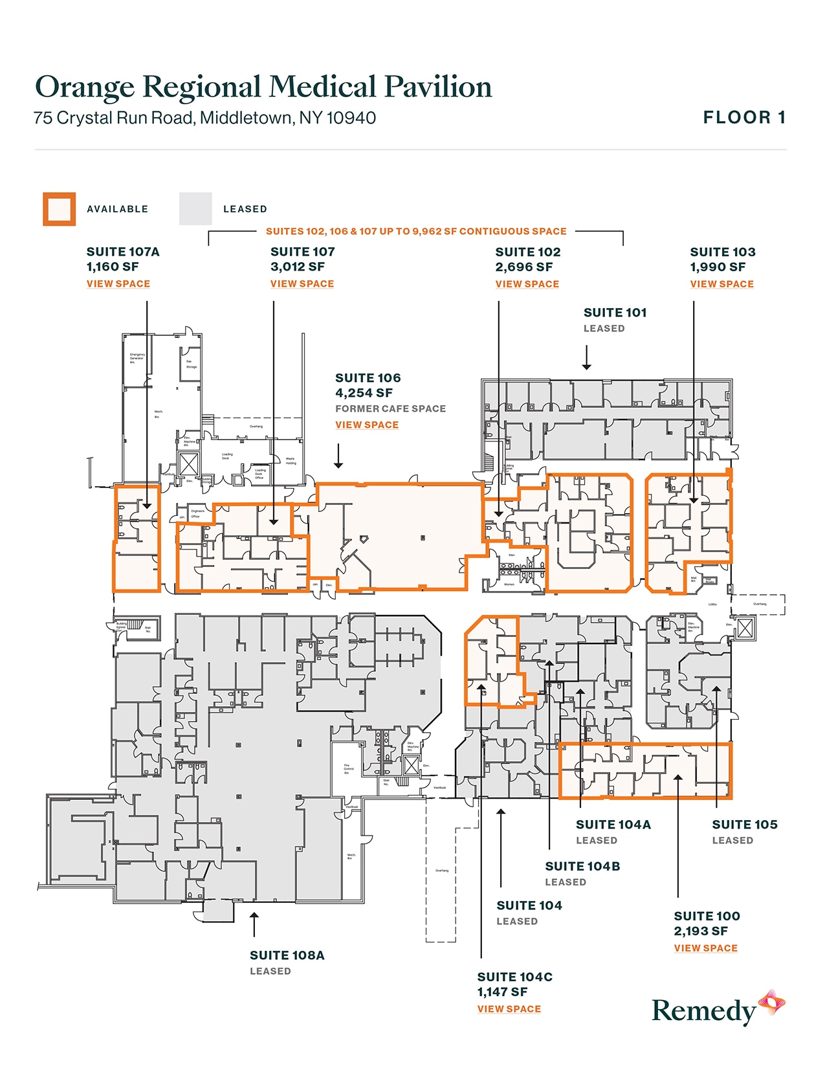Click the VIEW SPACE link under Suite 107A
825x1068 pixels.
(x=118, y=284)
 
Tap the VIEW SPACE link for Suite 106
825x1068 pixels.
(x=367, y=425)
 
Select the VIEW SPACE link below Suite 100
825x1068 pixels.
(x=705, y=948)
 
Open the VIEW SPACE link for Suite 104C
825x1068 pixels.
(x=509, y=1009)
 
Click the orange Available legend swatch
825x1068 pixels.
(x=60, y=209)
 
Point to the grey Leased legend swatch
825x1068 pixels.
(x=195, y=209)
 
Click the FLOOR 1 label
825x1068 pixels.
(x=744, y=118)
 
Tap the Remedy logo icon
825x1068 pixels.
(x=772, y=1003)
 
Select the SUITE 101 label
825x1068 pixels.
(x=615, y=313)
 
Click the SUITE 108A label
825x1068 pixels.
(x=287, y=955)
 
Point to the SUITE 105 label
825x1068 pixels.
(x=745, y=825)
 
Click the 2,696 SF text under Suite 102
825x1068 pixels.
(x=524, y=267)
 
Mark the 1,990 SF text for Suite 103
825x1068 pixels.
(x=718, y=267)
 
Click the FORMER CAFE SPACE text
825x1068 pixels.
(x=390, y=409)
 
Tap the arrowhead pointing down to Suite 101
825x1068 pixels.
(x=586, y=366)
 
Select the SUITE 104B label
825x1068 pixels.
(x=582, y=867)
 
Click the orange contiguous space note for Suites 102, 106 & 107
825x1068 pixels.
(x=416, y=232)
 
